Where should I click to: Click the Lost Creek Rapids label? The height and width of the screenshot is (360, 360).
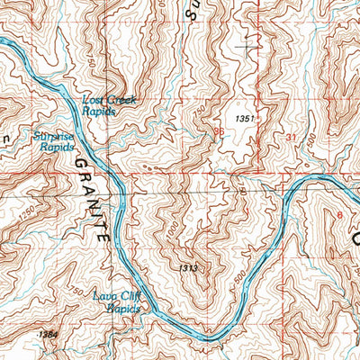click(x=109, y=105)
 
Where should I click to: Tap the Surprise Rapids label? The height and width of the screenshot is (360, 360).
click(x=53, y=142)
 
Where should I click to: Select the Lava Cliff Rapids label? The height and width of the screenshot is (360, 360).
click(x=119, y=301)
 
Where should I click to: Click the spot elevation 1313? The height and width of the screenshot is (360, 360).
click(x=187, y=268)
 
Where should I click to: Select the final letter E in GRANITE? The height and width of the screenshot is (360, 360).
click(x=105, y=241)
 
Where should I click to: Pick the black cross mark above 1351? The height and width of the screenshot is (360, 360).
click(x=245, y=47)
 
